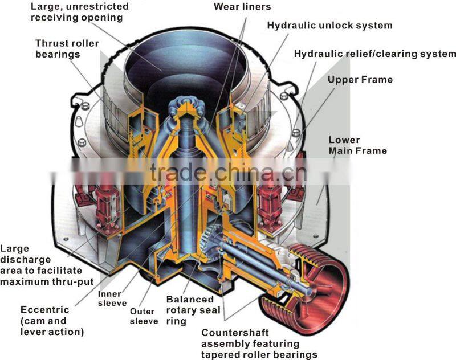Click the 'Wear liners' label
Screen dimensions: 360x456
pyautogui.click(x=242, y=7)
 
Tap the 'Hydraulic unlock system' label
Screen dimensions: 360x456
pyautogui.click(x=329, y=26)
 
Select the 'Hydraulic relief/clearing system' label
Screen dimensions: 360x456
pyautogui.click(x=374, y=54)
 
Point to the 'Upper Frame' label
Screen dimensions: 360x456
pyautogui.click(x=360, y=79)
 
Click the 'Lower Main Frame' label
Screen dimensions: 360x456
pyautogui.click(x=357, y=145)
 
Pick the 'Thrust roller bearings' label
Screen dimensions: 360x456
pyautogui.click(x=67, y=49)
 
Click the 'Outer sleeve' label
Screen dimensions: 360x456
pyautogui.click(x=144, y=316)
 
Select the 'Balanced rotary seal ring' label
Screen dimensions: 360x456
pyautogui.click(x=190, y=310)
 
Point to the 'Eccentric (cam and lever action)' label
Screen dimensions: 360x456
pyautogui.click(x=52, y=321)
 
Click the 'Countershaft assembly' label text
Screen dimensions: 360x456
pyautogui.click(x=259, y=344)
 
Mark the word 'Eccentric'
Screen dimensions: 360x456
pyautogui.click(x=44, y=310)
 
